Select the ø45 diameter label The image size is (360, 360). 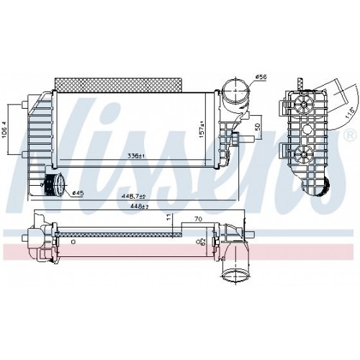[77, 192]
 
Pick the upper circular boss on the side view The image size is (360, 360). [302, 104]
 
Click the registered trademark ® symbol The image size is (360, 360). [351, 136]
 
